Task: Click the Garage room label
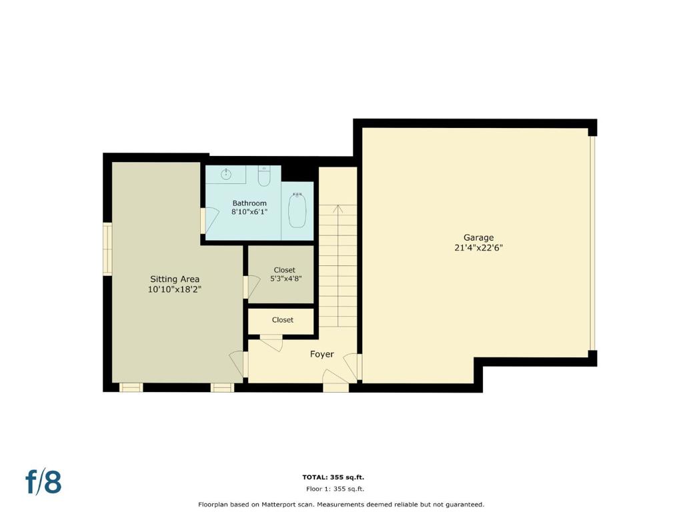click(x=478, y=238)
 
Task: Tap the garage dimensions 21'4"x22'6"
click(x=478, y=248)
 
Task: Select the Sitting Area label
click(x=175, y=279)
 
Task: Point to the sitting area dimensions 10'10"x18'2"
click(x=175, y=289)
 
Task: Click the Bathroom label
click(x=249, y=203)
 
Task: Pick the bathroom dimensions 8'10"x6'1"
click(x=249, y=212)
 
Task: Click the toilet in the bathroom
click(x=264, y=176)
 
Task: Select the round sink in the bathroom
click(x=225, y=175)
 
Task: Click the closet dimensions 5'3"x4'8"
click(x=285, y=279)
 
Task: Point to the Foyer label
click(x=322, y=355)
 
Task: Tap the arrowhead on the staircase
click(x=338, y=209)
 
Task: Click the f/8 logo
click(x=43, y=481)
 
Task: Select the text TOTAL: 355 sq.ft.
click(x=333, y=477)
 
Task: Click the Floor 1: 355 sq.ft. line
click(x=335, y=489)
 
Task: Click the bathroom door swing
click(x=211, y=221)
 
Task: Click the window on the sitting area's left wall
click(x=107, y=249)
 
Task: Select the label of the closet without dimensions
click(x=282, y=320)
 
